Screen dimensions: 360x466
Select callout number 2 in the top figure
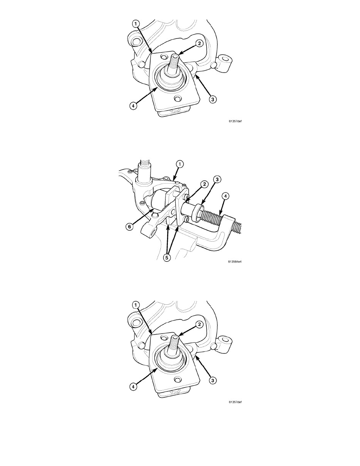click(x=199, y=44)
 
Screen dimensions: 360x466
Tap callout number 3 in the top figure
click(x=213, y=99)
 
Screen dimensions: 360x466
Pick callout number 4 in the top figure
click(x=133, y=106)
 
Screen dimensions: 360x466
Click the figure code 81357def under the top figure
click(x=235, y=121)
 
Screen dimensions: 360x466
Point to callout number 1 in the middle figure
click(x=180, y=164)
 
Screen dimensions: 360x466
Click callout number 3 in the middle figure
click(x=217, y=180)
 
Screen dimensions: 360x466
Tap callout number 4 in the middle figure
click(x=225, y=196)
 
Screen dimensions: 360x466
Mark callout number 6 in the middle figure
click(x=129, y=227)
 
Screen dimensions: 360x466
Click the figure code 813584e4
click(x=235, y=262)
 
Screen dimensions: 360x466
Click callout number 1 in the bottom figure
click(x=135, y=305)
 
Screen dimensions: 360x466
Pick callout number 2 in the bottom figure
click(x=199, y=324)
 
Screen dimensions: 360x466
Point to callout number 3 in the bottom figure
click(x=213, y=380)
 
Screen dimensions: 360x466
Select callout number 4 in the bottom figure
click(x=133, y=386)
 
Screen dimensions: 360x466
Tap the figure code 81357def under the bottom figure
click(x=235, y=402)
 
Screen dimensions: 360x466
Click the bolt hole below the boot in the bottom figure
click(x=178, y=380)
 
